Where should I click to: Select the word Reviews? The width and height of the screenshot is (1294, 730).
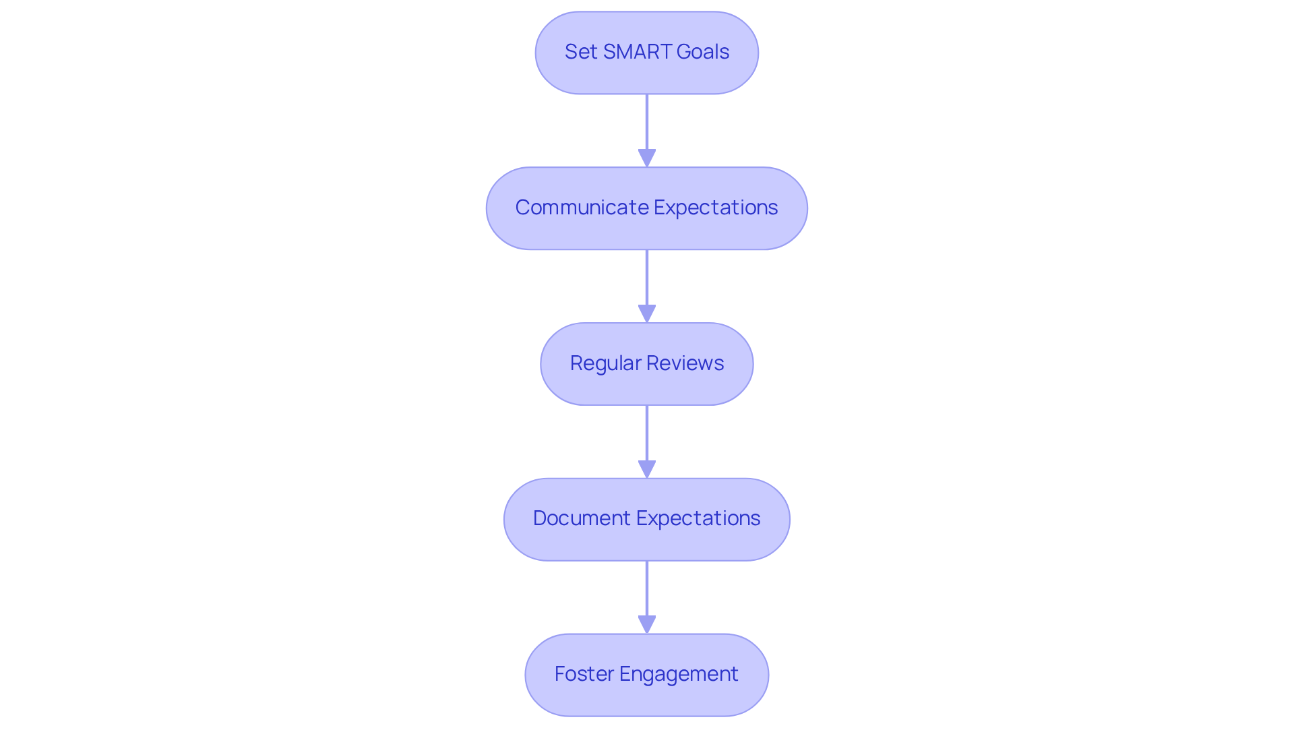pos(685,363)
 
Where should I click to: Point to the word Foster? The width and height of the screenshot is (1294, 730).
pos(584,674)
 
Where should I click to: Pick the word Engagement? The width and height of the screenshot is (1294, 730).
pos(679,674)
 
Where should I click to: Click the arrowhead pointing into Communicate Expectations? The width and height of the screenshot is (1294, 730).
pos(647,158)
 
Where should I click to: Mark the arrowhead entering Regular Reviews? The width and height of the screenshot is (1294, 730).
pos(647,314)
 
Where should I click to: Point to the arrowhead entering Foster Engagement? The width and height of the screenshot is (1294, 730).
pos(647,625)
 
